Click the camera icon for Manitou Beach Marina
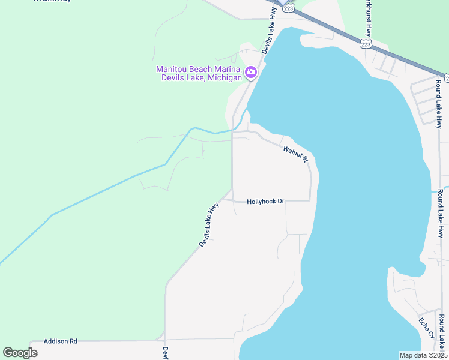pyautogui.click(x=251, y=73)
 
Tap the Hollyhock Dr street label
pyautogui.click(x=265, y=202)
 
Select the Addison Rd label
pyautogui.click(x=61, y=341)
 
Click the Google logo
pyautogui.click(x=20, y=353)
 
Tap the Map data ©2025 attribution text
pyautogui.click(x=423, y=355)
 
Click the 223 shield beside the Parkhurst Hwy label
pyautogui.click(x=366, y=44)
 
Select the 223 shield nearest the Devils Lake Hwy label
pyautogui.click(x=289, y=8)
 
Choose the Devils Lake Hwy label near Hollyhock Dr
pyautogui.click(x=209, y=224)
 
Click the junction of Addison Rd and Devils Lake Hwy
pyautogui.click(x=165, y=340)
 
